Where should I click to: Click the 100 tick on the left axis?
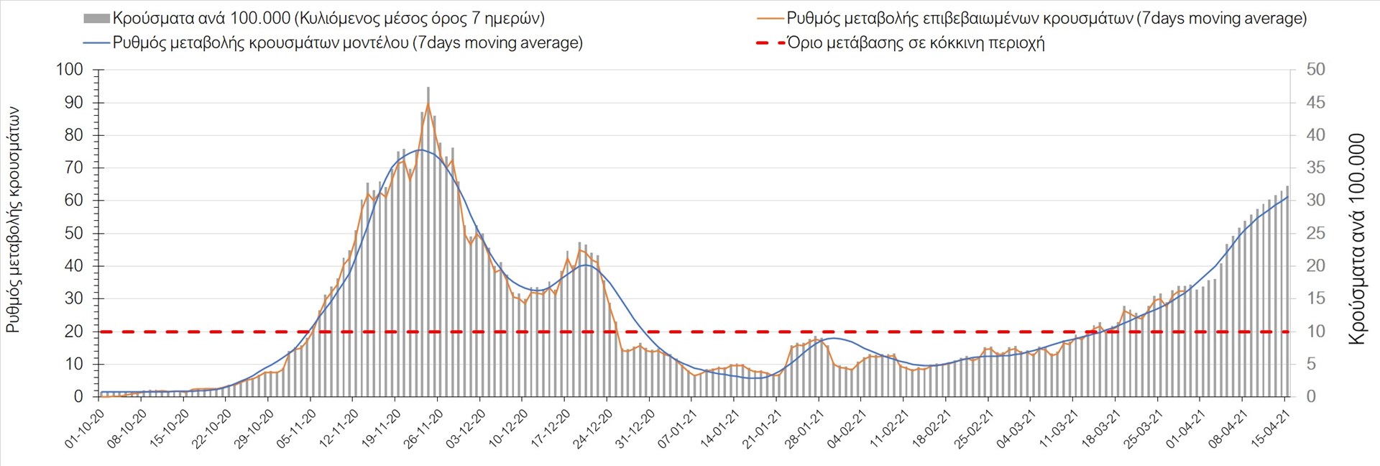click(70, 70)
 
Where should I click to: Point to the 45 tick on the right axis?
click(1315, 103)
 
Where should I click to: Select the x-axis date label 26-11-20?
click(424, 429)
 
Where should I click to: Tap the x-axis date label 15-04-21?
click(1271, 429)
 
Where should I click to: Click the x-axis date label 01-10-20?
click(86, 429)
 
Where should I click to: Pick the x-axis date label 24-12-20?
click(593, 429)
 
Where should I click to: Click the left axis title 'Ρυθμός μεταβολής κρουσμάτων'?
click(13, 220)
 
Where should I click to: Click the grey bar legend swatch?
click(96, 19)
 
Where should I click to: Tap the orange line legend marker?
click(770, 19)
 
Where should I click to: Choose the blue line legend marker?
click(96, 43)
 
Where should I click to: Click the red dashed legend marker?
click(770, 43)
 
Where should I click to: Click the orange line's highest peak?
click(428, 104)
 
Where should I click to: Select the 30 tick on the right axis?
click(1315, 201)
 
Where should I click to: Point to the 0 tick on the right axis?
click(1311, 397)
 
